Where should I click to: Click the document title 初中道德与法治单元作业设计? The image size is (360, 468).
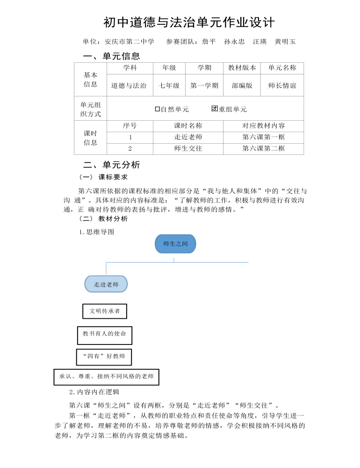click(189, 22)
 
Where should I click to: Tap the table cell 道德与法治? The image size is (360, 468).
click(129, 86)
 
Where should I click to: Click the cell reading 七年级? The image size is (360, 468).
click(169, 86)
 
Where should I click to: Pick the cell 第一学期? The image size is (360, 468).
click(204, 86)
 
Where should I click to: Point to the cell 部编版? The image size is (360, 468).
click(242, 86)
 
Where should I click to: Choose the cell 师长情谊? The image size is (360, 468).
click(282, 86)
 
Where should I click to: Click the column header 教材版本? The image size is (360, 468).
click(242, 68)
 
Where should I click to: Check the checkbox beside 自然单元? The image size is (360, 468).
click(158, 109)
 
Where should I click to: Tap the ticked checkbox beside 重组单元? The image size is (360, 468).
click(215, 109)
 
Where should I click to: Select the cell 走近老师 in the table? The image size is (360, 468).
click(188, 137)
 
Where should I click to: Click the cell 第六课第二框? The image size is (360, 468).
click(263, 148)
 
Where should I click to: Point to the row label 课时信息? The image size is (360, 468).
click(91, 138)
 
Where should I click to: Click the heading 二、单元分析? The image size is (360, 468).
click(111, 165)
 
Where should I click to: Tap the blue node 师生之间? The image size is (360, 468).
click(175, 244)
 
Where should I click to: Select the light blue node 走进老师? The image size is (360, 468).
click(106, 284)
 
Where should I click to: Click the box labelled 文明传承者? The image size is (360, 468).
click(105, 311)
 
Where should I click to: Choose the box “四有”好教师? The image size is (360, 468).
click(104, 357)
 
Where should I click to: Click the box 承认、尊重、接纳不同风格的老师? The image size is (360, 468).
click(107, 376)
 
